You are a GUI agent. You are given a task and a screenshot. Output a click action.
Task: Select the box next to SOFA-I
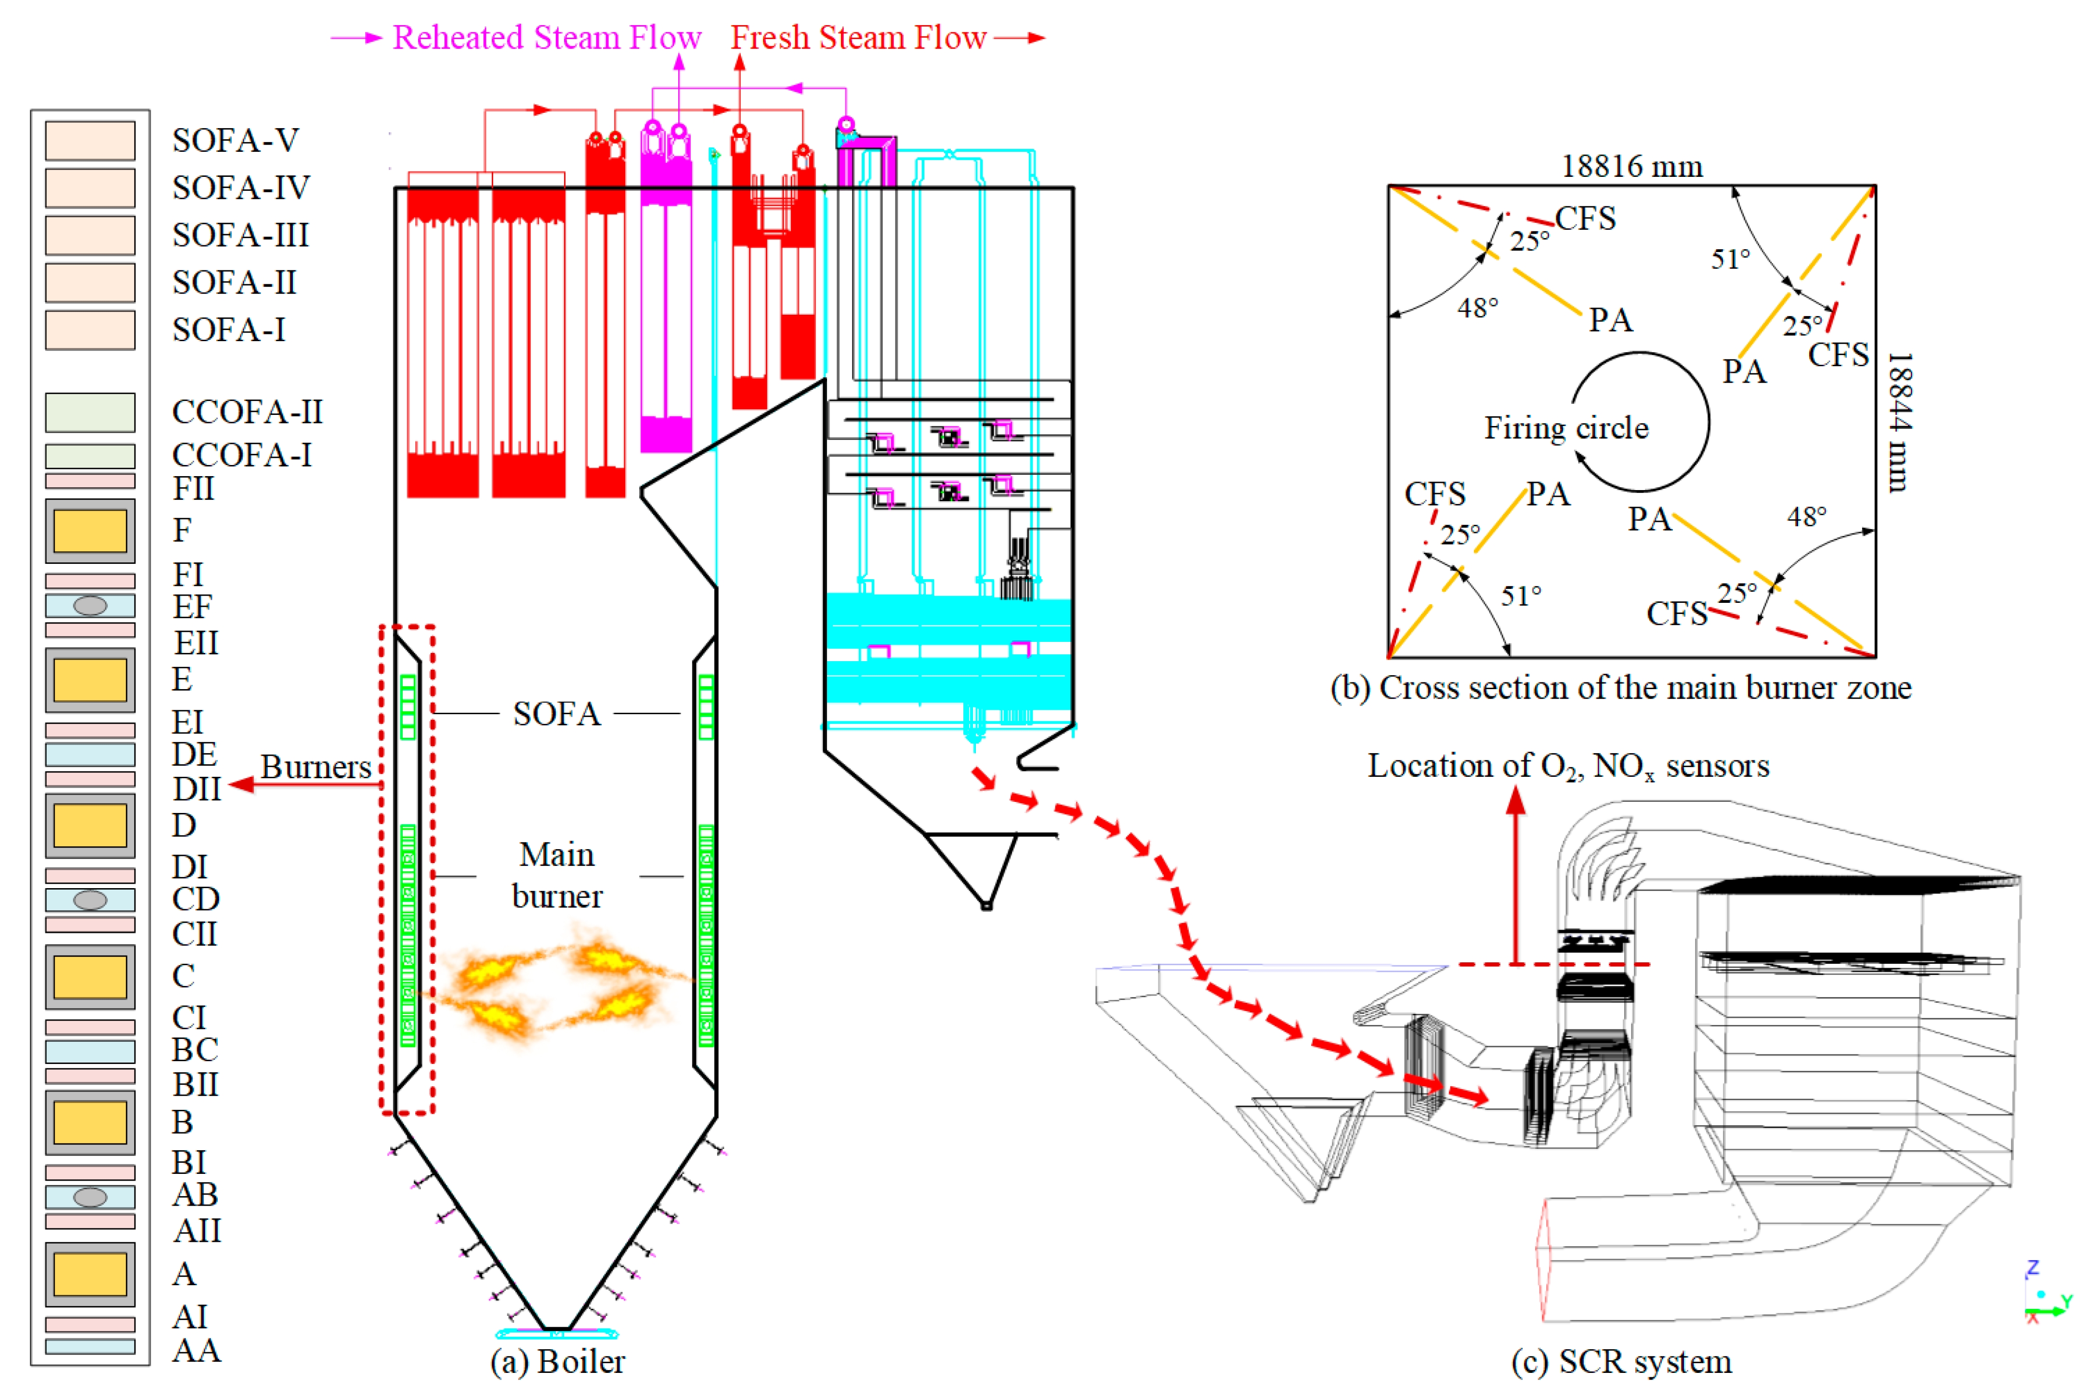click(x=90, y=330)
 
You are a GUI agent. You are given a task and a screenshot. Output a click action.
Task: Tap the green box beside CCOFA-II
click(x=90, y=412)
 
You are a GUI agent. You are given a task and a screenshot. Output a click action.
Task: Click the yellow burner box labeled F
click(x=90, y=531)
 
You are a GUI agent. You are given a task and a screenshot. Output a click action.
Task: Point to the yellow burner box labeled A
click(x=90, y=1274)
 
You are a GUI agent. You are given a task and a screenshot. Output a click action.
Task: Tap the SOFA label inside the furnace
click(x=556, y=714)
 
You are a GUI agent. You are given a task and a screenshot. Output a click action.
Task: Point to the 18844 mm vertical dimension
click(x=1899, y=422)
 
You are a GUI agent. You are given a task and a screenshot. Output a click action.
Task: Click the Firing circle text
click(x=1565, y=428)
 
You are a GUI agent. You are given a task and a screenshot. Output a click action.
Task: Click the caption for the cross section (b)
click(x=1621, y=688)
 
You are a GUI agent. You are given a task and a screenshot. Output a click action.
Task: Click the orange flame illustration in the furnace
click(x=556, y=989)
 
